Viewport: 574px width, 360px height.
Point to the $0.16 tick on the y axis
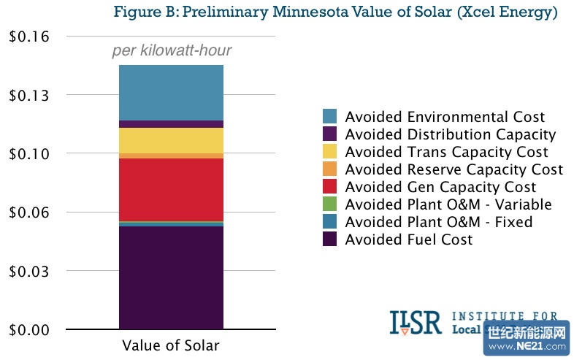[x=28, y=37]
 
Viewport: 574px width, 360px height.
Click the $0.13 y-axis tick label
[x=28, y=95]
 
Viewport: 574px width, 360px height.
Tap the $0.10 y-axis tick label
[x=28, y=153]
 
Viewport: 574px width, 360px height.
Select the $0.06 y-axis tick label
[x=28, y=212]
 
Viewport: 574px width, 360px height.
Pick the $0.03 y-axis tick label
[x=28, y=271]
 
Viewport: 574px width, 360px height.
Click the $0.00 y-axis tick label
[x=28, y=329]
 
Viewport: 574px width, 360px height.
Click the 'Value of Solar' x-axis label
[x=171, y=346]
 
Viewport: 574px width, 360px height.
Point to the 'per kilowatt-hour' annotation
[x=172, y=51]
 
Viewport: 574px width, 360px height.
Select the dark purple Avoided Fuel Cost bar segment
[x=171, y=277]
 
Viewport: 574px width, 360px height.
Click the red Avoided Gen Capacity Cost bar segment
[x=171, y=189]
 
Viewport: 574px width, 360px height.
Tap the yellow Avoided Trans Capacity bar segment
[x=171, y=140]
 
